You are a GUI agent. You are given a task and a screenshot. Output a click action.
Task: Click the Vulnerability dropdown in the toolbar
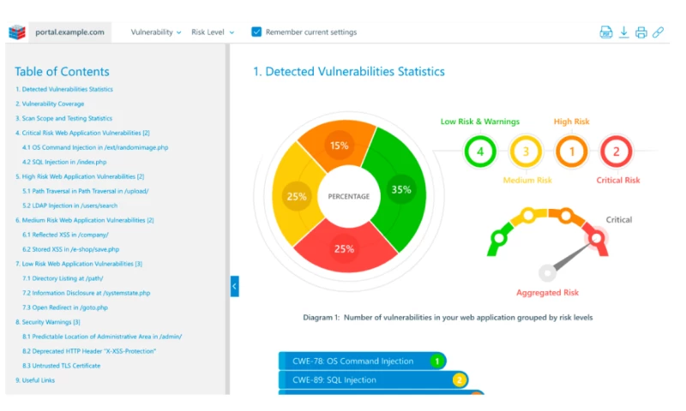tap(155, 33)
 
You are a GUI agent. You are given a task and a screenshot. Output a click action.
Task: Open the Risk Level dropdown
tap(213, 33)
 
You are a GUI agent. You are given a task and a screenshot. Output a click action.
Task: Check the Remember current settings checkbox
tap(256, 33)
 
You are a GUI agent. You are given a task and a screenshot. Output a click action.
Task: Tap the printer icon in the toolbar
tap(641, 33)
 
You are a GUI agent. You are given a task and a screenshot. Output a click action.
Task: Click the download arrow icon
tap(623, 33)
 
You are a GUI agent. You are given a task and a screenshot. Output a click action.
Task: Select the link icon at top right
tap(658, 33)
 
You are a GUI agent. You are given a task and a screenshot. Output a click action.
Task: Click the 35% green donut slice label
tap(400, 190)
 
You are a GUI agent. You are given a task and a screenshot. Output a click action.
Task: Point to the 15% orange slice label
tap(340, 146)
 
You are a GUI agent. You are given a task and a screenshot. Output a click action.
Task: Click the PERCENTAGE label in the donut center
tap(349, 197)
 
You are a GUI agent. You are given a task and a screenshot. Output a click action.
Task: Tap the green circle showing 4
tap(480, 152)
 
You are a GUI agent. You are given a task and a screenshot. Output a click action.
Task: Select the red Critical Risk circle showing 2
tap(615, 152)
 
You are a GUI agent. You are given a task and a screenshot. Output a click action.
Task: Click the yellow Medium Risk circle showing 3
tap(525, 152)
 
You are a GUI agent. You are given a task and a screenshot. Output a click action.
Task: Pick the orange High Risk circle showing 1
tap(570, 152)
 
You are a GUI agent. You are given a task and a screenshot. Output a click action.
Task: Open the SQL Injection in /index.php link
tap(64, 162)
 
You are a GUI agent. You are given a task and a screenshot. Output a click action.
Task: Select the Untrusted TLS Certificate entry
tap(61, 366)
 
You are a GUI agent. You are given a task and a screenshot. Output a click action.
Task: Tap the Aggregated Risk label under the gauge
tap(547, 293)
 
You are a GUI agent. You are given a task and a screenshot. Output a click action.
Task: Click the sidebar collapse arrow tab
tap(235, 286)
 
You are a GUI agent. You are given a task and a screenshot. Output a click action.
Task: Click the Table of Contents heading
tap(63, 72)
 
